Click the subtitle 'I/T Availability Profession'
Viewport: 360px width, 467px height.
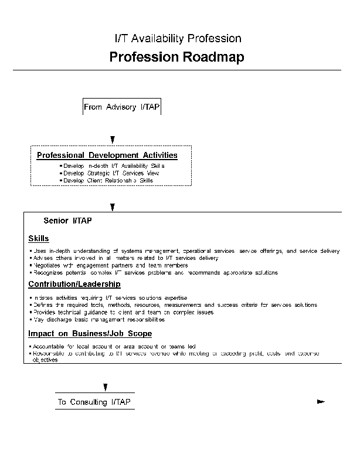pyautogui.click(x=178, y=39)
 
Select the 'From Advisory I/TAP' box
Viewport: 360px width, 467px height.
pyautogui.click(x=122, y=107)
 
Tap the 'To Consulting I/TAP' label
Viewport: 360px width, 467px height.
pyautogui.click(x=94, y=402)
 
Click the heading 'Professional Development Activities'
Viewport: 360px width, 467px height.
pyautogui.click(x=107, y=155)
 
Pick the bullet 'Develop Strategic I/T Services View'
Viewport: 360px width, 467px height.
pyautogui.click(x=111, y=173)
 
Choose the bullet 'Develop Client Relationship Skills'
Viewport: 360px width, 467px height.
pyautogui.click(x=108, y=181)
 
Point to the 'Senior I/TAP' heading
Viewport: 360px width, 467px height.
pyautogui.click(x=67, y=221)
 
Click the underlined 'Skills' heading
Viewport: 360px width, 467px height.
pyautogui.click(x=39, y=238)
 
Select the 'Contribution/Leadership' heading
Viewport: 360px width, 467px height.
pyautogui.click(x=74, y=284)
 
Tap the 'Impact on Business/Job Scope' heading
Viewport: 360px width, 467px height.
pyautogui.click(x=90, y=334)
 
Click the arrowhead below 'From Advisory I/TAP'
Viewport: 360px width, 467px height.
pyautogui.click(x=113, y=140)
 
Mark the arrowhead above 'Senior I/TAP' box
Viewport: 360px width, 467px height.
pyautogui.click(x=113, y=207)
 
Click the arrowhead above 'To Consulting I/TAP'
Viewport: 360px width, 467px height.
pyautogui.click(x=106, y=387)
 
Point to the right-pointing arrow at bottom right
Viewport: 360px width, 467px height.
pyautogui.click(x=320, y=402)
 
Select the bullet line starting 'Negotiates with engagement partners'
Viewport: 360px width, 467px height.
pyautogui.click(x=97, y=265)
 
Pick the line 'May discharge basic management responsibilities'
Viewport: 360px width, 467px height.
pyautogui.click(x=99, y=320)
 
